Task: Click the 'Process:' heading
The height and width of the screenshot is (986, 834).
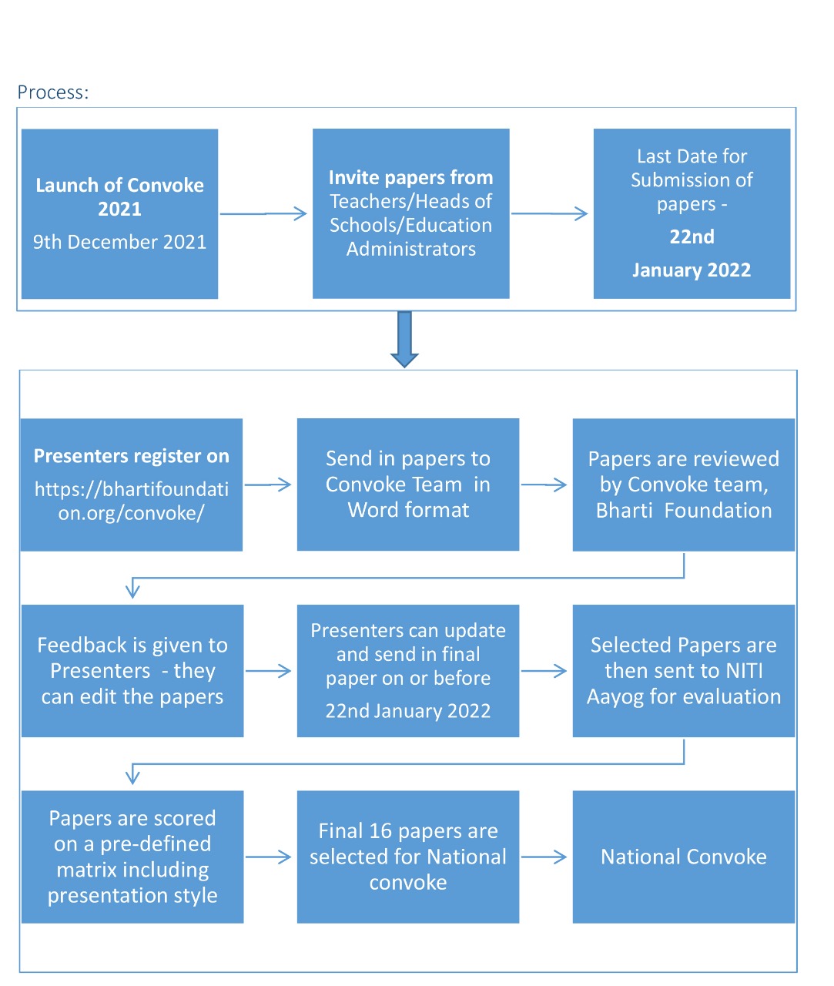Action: point(53,92)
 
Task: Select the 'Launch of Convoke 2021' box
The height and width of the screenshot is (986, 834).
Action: point(119,213)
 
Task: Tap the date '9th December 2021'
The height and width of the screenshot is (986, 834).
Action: point(119,242)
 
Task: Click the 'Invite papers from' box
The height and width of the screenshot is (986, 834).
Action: point(410,213)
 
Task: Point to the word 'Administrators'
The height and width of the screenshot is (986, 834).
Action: point(410,249)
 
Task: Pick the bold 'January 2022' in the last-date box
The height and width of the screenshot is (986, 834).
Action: point(692,270)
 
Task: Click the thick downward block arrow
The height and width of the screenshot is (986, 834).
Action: point(404,340)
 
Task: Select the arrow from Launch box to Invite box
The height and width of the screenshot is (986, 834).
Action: point(263,213)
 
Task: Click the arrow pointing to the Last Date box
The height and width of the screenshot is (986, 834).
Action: point(549,213)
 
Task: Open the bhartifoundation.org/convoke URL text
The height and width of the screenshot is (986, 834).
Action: point(131,501)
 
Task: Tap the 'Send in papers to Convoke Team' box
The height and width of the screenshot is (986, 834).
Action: point(407,485)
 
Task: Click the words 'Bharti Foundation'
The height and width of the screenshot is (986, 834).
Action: point(684,511)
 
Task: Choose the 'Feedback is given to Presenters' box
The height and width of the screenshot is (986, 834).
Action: point(132,671)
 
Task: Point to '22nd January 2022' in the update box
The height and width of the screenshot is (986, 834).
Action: point(407,711)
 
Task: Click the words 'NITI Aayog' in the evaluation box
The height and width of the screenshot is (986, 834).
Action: point(684,684)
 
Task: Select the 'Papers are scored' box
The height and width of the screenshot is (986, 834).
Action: point(132,857)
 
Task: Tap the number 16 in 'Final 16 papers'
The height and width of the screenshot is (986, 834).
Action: point(380,831)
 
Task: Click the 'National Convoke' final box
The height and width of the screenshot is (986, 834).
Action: point(683,857)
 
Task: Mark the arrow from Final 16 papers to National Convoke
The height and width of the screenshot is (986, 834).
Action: point(544,857)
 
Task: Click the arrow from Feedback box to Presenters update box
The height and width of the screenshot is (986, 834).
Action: point(268,671)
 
